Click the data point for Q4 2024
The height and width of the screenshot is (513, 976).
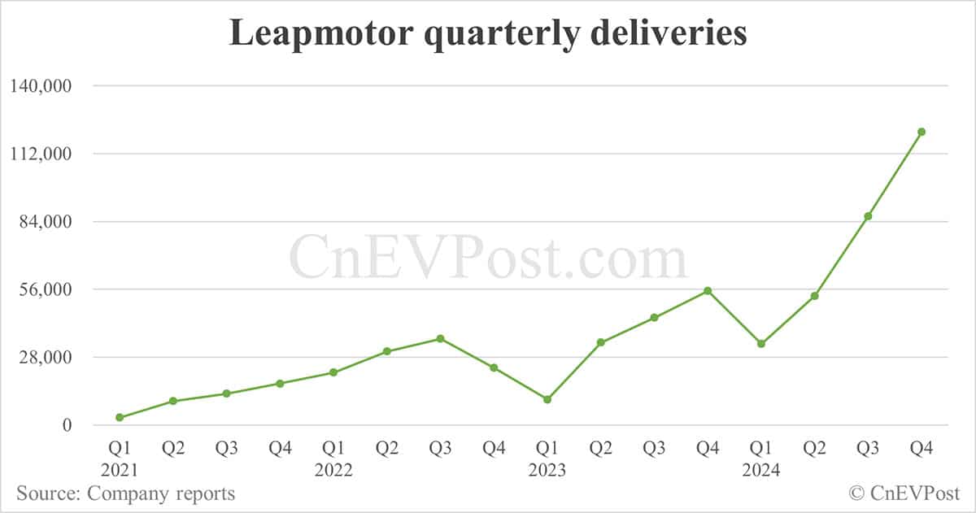click(922, 132)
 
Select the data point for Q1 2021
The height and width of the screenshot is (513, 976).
click(120, 417)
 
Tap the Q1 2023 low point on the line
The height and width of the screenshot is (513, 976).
click(547, 399)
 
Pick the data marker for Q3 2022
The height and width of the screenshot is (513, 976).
click(440, 338)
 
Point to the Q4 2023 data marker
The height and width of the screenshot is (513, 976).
click(708, 290)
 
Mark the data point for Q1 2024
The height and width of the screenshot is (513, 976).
click(761, 344)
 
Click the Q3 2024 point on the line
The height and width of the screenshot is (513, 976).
click(868, 216)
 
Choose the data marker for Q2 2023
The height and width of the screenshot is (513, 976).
click(600, 342)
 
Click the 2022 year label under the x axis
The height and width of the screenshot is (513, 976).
click(333, 470)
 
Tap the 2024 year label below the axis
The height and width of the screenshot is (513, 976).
click(760, 470)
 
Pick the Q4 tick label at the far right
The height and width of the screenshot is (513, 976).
click(922, 448)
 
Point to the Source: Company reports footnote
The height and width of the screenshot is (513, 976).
click(126, 493)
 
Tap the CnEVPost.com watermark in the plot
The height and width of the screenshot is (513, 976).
click(488, 258)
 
